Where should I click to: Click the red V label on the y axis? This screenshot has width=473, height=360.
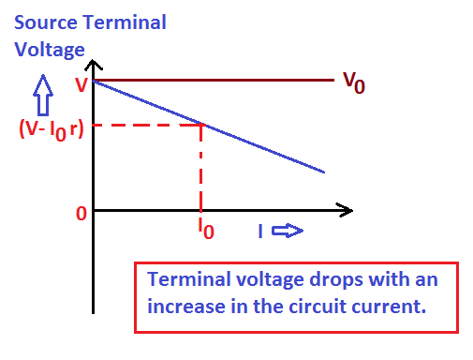81,84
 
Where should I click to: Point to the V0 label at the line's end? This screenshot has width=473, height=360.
353,82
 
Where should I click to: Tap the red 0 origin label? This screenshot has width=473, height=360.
81,214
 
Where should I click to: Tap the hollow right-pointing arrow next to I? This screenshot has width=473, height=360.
293,231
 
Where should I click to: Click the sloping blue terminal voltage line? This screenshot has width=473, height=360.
262,148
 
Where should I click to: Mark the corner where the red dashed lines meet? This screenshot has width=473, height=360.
202,124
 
